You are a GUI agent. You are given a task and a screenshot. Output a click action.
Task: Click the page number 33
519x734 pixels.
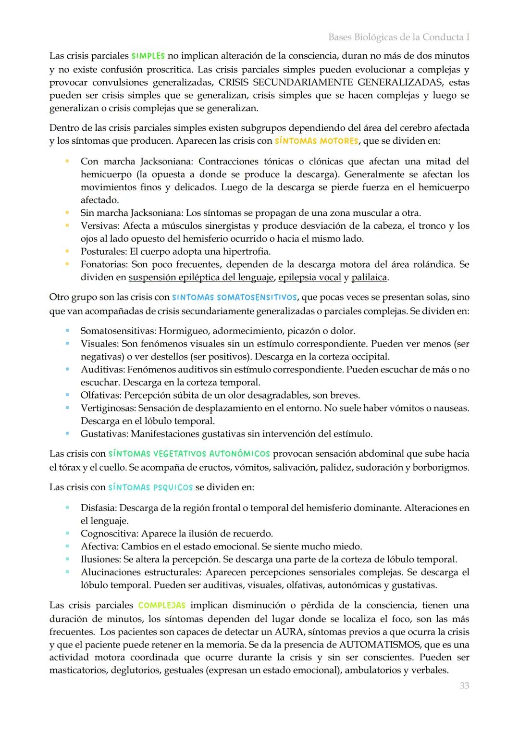(x=464, y=685)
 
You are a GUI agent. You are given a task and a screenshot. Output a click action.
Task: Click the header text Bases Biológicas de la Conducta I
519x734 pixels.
(x=398, y=37)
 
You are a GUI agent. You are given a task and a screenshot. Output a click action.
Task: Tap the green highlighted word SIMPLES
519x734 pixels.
(x=148, y=56)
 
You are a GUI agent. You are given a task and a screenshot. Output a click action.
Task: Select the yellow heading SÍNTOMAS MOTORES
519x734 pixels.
(x=316, y=141)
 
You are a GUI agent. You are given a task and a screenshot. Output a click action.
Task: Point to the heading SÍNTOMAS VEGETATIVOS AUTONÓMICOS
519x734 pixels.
(x=189, y=454)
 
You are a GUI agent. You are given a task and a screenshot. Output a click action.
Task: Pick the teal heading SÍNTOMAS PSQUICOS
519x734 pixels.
(x=150, y=487)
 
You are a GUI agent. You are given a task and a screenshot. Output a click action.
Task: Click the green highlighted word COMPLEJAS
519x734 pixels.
(x=161, y=606)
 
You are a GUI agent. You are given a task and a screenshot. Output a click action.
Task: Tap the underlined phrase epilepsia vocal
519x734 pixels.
(x=309, y=277)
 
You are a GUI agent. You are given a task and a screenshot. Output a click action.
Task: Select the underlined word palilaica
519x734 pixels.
(x=369, y=277)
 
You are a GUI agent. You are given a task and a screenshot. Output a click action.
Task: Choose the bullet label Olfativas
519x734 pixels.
(x=101, y=395)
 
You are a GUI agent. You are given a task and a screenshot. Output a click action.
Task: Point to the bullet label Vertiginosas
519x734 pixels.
(x=108, y=408)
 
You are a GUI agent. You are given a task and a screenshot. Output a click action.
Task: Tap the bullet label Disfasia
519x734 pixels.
(x=99, y=508)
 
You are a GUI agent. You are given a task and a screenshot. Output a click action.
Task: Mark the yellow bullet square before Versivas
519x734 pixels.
(x=68, y=226)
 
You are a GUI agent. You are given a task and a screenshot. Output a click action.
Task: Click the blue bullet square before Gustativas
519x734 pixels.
(x=68, y=434)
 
